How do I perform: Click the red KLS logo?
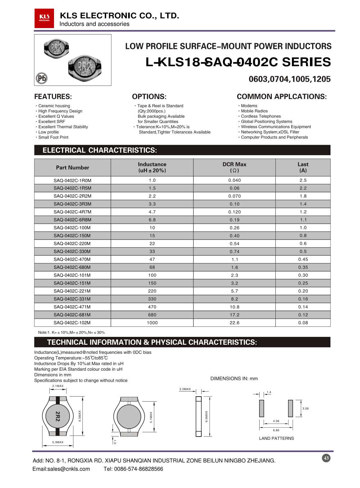tap(44, 18)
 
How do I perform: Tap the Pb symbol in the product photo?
tap(42, 78)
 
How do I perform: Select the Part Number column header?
tap(72, 168)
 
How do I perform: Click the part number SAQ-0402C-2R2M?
tap(72, 196)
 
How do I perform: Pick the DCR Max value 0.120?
tap(234, 212)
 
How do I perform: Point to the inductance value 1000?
tap(152, 323)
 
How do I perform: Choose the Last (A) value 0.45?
tap(303, 259)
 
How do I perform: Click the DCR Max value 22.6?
tap(234, 323)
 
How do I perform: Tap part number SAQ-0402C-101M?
tap(72, 275)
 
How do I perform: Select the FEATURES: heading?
tap(53, 96)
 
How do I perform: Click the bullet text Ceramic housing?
tap(54, 106)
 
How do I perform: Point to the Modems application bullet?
tap(249, 106)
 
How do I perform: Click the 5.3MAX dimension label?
tap(58, 442)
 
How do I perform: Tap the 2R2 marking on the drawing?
tap(58, 416)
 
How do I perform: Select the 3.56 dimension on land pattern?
tap(305, 408)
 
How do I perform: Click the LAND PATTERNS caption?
tap(276, 438)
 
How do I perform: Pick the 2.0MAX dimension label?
tap(185, 389)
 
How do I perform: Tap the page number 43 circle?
tap(326, 458)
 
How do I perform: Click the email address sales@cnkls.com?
tap(61, 469)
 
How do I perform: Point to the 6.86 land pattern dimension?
tap(276, 430)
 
